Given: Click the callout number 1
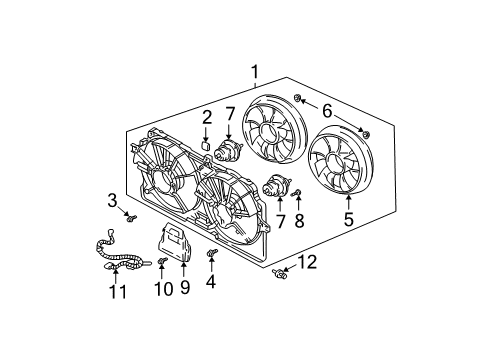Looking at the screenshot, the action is pos(256,71).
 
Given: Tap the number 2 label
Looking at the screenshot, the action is pos(206,118).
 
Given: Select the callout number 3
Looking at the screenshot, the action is pos(114,200).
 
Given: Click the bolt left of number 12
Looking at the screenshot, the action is pos(281,272).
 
